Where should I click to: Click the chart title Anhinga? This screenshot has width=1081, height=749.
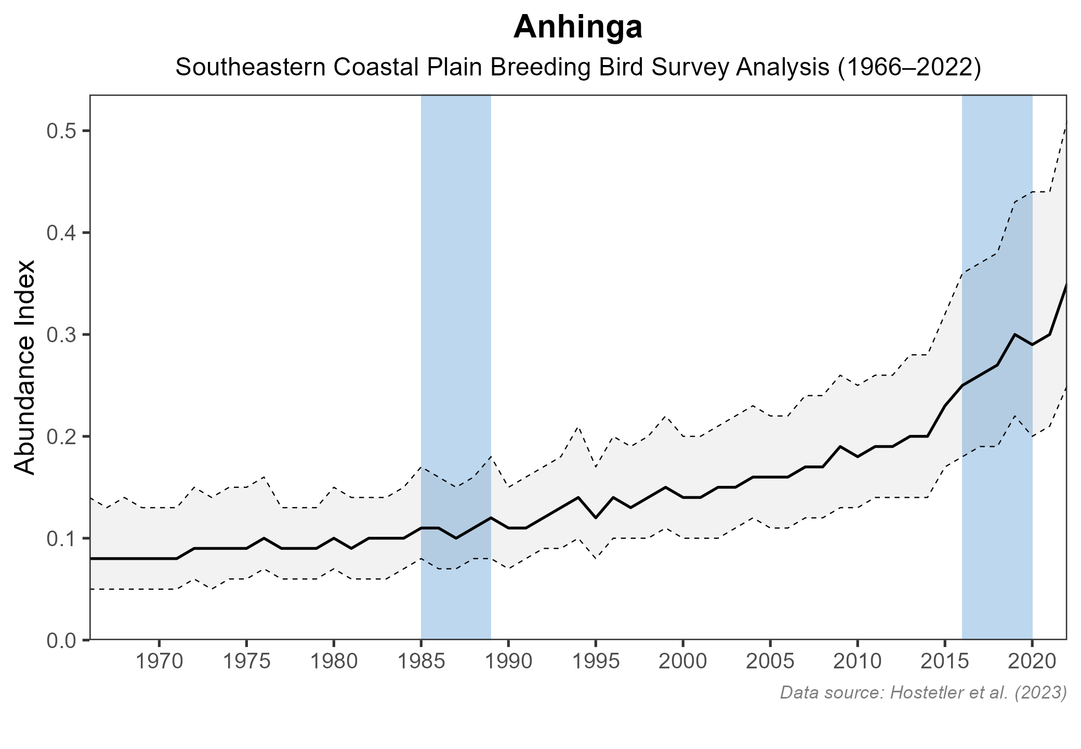pos(578,28)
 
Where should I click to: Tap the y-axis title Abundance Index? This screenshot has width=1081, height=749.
pos(25,367)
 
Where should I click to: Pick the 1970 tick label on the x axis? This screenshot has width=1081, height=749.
pos(159,662)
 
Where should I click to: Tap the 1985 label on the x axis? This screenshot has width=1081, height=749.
pos(421,662)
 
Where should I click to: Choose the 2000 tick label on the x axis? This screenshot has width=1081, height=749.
pos(683,662)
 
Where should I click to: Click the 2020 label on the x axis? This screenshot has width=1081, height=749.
pos(1032,662)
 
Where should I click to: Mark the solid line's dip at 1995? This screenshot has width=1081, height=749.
pos(596,518)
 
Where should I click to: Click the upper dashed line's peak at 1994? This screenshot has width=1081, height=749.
pos(578,426)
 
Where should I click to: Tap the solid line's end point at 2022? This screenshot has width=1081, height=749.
pos(1066,285)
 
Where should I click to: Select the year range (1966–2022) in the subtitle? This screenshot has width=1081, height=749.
pos(909,68)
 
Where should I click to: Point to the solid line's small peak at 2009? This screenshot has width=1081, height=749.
pos(840,446)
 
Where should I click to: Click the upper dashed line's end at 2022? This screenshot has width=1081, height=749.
pos(1066,122)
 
